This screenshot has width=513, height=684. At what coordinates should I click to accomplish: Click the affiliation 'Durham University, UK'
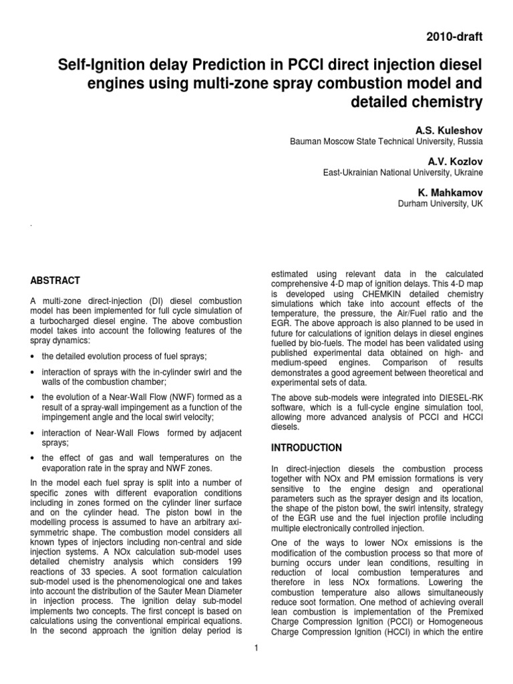point(440,204)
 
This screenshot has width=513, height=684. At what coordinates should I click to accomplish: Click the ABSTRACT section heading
point(56,280)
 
